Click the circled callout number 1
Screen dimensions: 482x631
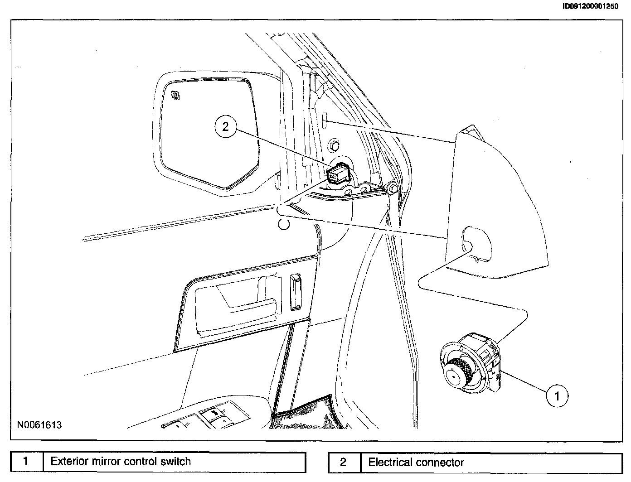[557, 395]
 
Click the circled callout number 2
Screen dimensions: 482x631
[226, 127]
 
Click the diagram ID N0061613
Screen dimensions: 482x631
[39, 425]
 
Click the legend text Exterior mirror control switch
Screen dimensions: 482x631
[121, 462]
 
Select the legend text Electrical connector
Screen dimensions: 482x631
[416, 463]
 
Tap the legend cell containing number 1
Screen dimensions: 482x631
[26, 462]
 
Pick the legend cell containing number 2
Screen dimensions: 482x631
[343, 463]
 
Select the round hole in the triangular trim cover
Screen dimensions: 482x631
[467, 246]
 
